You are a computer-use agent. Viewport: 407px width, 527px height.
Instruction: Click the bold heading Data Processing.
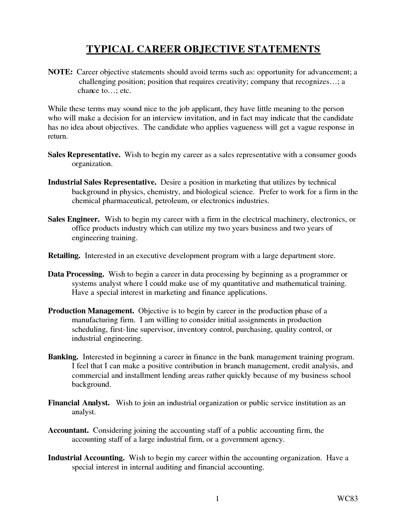(x=76, y=274)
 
